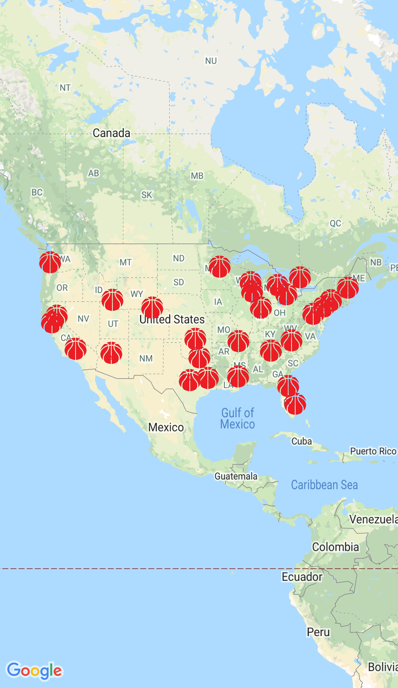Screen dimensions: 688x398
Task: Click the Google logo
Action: pyautogui.click(x=35, y=670)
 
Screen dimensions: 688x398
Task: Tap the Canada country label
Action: pyautogui.click(x=111, y=133)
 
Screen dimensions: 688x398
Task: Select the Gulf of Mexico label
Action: pyautogui.click(x=238, y=418)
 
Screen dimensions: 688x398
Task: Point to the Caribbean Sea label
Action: pyautogui.click(x=324, y=485)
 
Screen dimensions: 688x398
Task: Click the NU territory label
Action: pyautogui.click(x=211, y=61)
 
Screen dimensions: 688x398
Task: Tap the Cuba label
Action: pyautogui.click(x=301, y=441)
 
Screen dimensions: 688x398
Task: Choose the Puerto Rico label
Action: pyautogui.click(x=373, y=451)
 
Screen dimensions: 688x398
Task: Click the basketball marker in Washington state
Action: pyautogui.click(x=50, y=262)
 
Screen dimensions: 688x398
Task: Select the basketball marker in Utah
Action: pyautogui.click(x=112, y=299)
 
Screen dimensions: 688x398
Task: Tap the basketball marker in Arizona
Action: pyautogui.click(x=111, y=352)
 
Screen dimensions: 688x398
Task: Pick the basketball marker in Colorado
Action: pyautogui.click(x=152, y=307)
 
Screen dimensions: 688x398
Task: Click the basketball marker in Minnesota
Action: pyautogui.click(x=220, y=266)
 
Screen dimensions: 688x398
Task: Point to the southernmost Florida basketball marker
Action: pyautogui.click(x=295, y=404)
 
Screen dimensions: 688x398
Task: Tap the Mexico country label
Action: pyautogui.click(x=166, y=427)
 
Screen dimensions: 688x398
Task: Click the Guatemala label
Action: pyautogui.click(x=236, y=476)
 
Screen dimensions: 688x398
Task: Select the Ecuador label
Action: pyautogui.click(x=302, y=577)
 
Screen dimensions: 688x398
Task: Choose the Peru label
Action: pyautogui.click(x=318, y=632)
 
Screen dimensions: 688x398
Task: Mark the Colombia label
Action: pyautogui.click(x=335, y=547)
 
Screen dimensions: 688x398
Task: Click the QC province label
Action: pyautogui.click(x=335, y=223)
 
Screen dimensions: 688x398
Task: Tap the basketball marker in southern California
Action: pyautogui.click(x=76, y=348)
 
